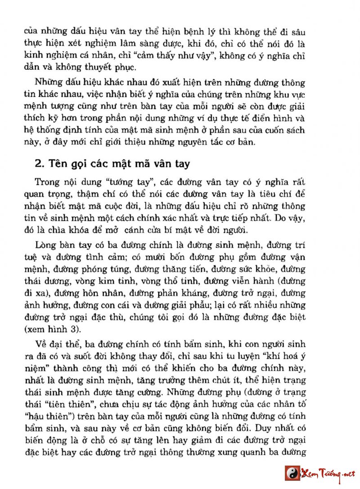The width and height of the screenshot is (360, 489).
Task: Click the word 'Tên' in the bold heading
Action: point(57,164)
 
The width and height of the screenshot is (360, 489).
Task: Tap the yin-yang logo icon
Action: point(292,474)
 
